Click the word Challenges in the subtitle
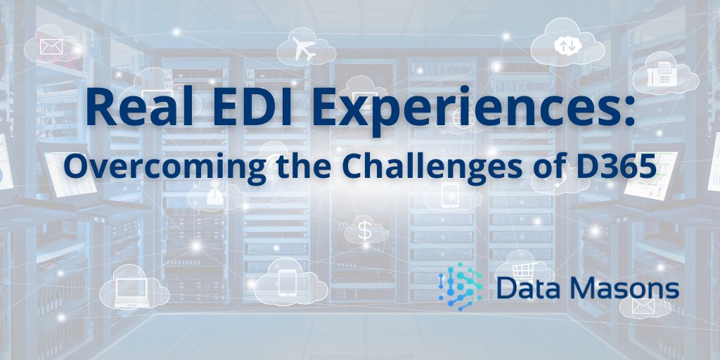(413, 167)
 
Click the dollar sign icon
(364, 230)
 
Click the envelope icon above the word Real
(51, 46)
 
